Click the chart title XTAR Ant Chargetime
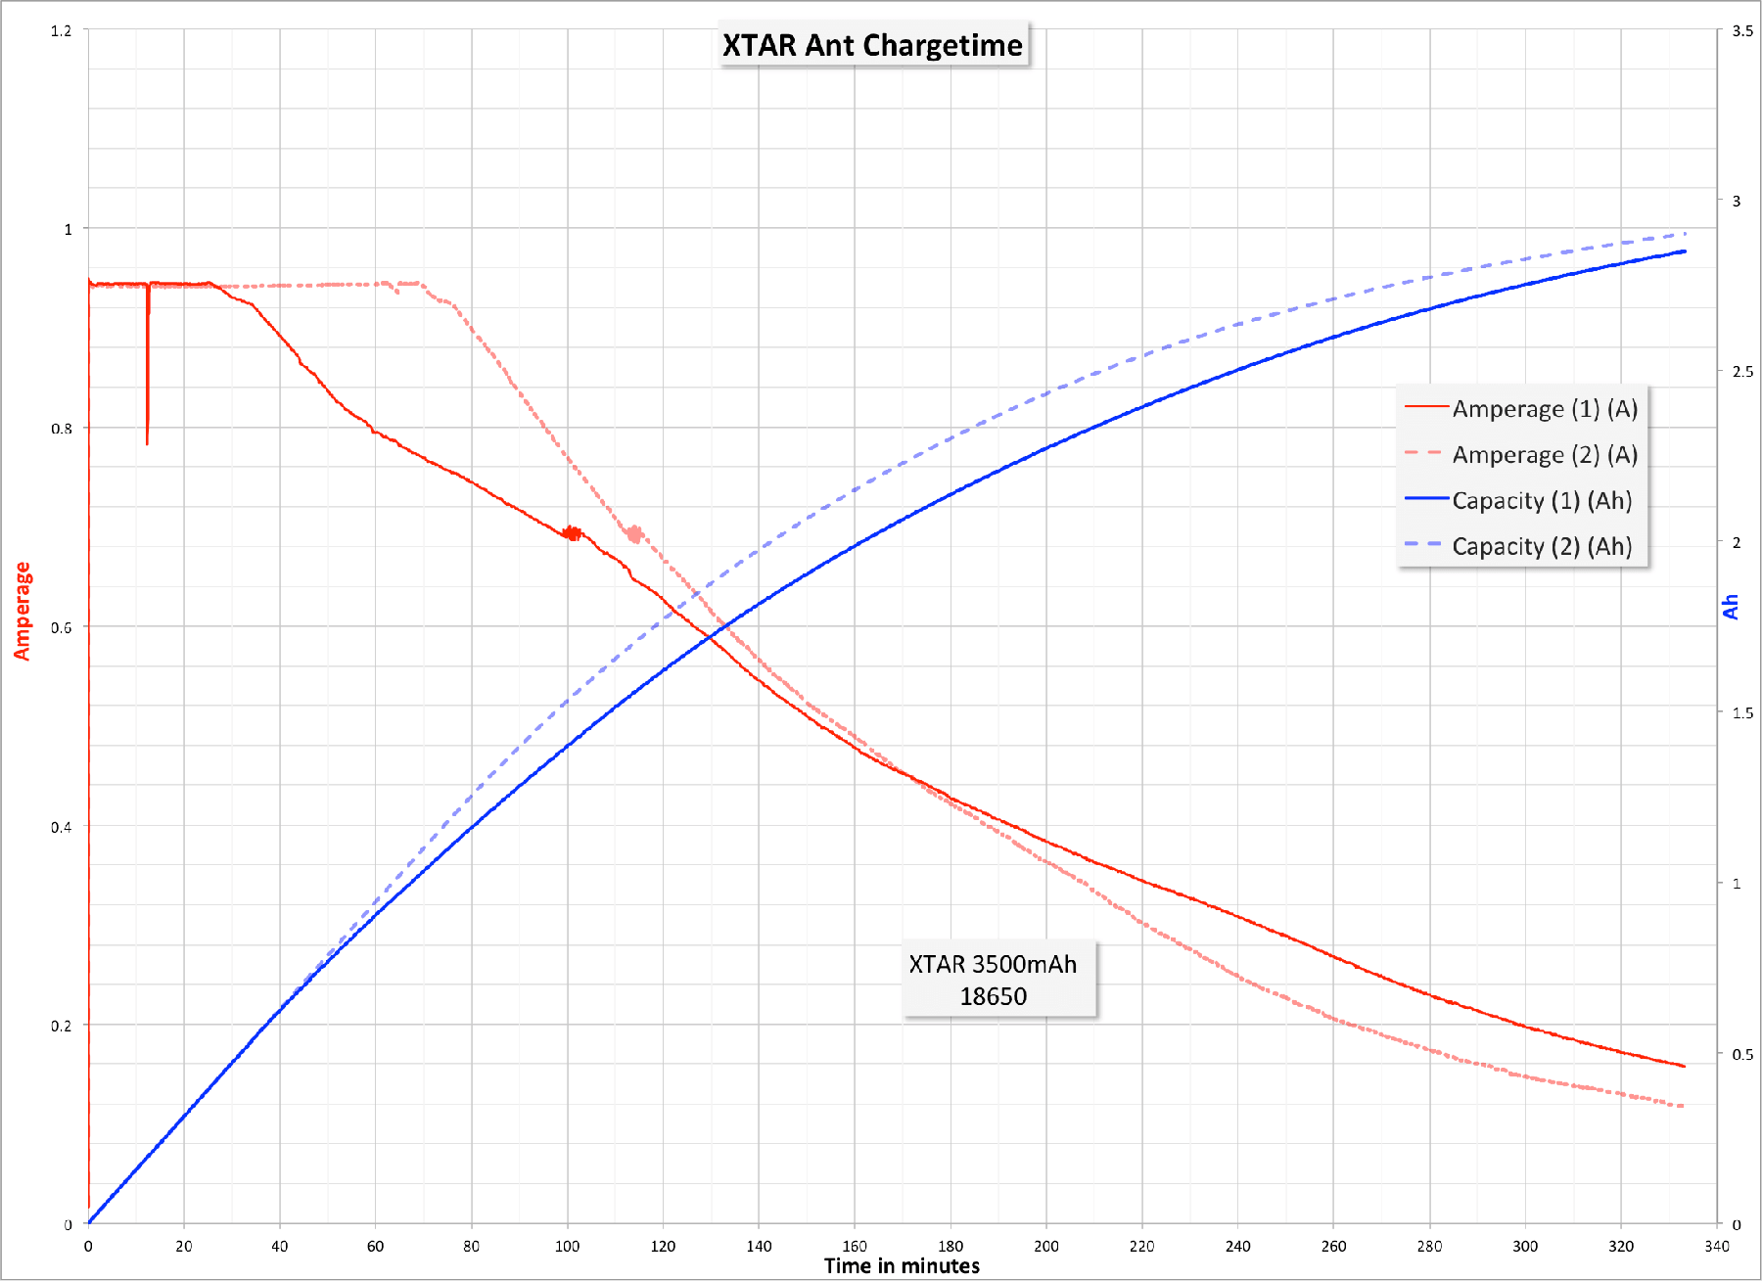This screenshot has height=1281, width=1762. click(x=872, y=45)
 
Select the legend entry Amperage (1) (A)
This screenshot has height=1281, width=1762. click(x=1544, y=408)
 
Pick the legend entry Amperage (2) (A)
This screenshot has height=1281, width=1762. click(x=1544, y=454)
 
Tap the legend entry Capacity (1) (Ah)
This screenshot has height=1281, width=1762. click(x=1541, y=500)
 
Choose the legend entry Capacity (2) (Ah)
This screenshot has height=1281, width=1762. click(x=1541, y=546)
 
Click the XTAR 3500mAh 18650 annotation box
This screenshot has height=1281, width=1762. click(x=993, y=980)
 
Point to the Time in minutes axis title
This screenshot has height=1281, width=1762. click(x=901, y=1265)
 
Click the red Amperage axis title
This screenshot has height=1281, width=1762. click(x=22, y=611)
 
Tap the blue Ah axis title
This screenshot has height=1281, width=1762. click(x=1731, y=607)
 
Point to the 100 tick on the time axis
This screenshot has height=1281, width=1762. click(x=567, y=1246)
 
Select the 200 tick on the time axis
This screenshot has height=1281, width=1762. click(x=1045, y=1246)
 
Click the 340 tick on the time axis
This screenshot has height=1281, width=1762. click(x=1716, y=1246)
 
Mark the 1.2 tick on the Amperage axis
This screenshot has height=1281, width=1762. click(x=61, y=30)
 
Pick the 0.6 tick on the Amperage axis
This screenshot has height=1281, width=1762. click(x=61, y=627)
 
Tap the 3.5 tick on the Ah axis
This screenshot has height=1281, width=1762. click(x=1742, y=30)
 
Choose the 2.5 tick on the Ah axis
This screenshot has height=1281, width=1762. click(x=1742, y=371)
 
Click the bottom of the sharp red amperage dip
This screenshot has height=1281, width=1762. click(x=147, y=443)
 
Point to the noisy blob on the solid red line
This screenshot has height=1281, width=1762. click(x=572, y=533)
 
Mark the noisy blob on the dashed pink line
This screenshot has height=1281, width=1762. click(x=634, y=533)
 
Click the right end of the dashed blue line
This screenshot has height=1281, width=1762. click(x=1685, y=234)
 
